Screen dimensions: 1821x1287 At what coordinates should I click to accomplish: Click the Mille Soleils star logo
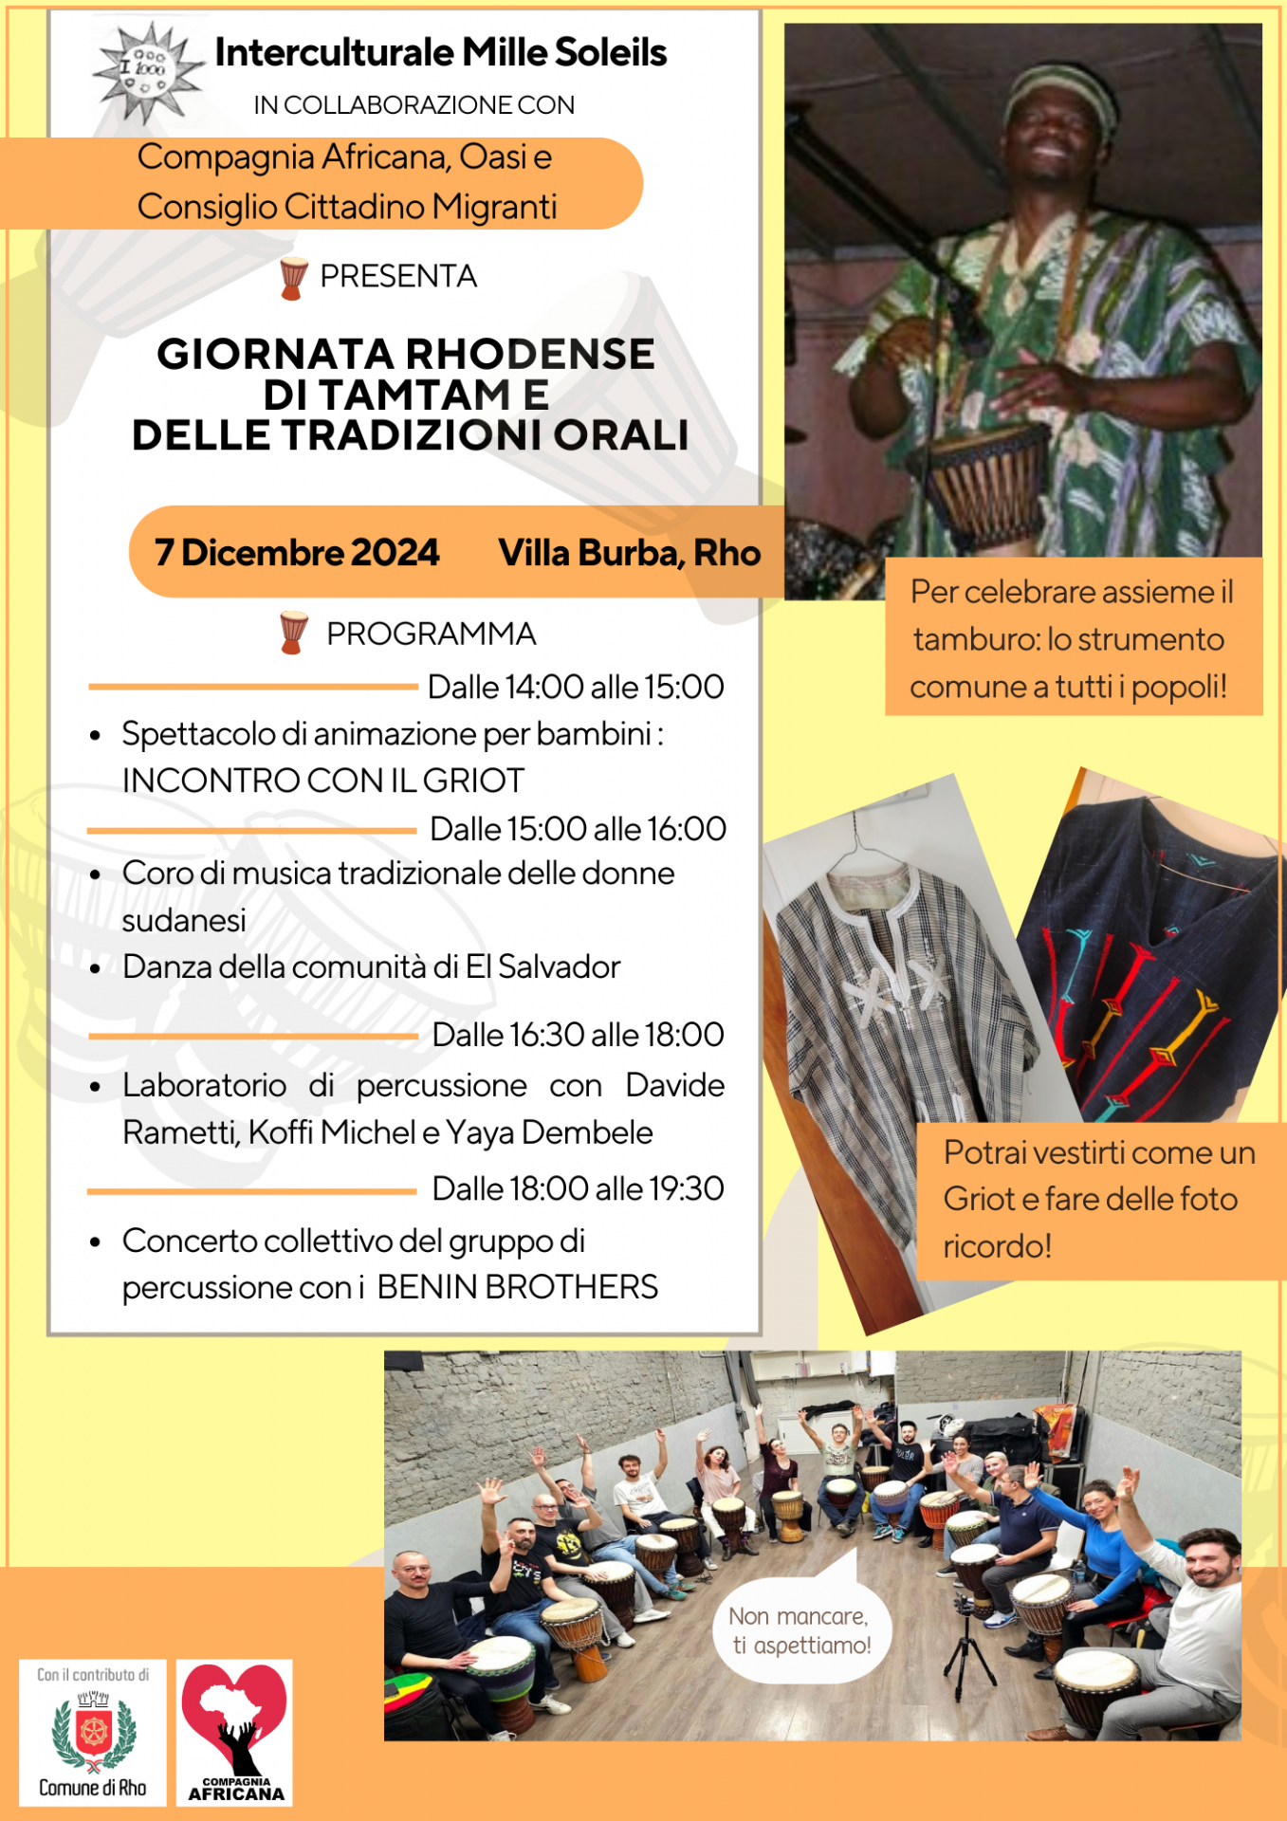148,72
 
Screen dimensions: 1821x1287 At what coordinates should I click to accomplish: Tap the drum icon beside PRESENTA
293,277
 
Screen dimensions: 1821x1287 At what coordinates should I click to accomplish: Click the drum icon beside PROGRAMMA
294,633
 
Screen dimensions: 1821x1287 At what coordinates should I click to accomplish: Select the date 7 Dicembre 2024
297,553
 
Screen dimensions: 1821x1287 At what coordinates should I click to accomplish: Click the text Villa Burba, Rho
629,553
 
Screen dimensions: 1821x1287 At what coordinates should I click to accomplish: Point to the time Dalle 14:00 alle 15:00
576,687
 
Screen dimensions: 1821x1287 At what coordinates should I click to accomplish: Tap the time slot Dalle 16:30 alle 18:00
578,1035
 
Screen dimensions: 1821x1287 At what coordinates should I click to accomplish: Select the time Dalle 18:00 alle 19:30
578,1188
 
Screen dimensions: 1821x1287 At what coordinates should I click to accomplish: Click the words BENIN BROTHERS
517,1287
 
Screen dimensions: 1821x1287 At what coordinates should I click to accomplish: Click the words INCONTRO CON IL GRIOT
323,781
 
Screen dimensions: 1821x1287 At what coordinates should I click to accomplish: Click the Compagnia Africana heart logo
234,1721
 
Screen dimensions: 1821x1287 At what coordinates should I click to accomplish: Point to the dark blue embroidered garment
1152,958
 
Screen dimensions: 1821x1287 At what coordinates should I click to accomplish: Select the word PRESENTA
398,276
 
